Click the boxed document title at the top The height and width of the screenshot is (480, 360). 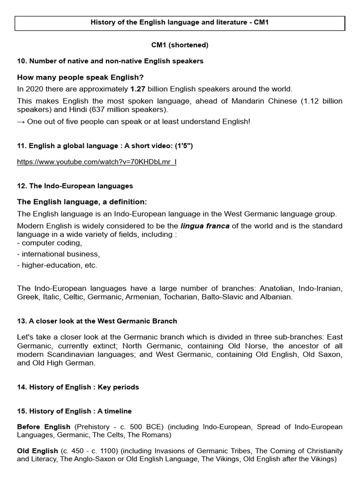[x=180, y=23]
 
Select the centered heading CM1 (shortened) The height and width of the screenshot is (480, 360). [x=180, y=45]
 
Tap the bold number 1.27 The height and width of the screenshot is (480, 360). [x=138, y=89]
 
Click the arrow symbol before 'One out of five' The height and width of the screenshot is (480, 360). [x=21, y=121]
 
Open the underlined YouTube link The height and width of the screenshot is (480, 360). [x=97, y=162]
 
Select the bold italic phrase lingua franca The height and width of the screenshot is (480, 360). [x=205, y=226]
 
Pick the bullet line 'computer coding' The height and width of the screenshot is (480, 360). [x=50, y=243]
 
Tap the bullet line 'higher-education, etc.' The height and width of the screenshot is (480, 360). [x=57, y=265]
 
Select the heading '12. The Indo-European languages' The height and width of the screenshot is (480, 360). [x=75, y=186]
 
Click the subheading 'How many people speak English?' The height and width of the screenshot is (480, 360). [x=80, y=77]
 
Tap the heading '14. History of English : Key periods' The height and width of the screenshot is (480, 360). [x=78, y=387]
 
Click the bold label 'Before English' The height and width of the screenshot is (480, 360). [x=44, y=427]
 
